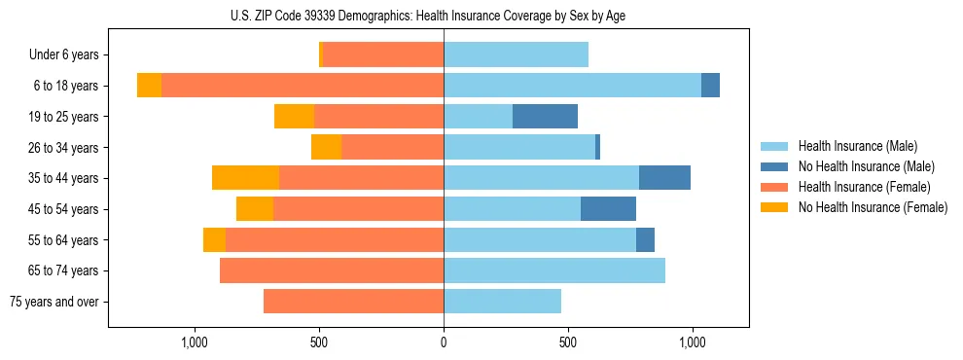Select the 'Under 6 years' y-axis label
click(63, 55)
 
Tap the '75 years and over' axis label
click(53, 302)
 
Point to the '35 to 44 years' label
click(63, 178)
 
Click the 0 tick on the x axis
click(444, 342)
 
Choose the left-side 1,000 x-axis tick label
click(195, 342)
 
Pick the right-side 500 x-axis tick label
click(568, 342)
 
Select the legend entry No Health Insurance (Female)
click(873, 207)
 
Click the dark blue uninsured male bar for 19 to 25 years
click(545, 117)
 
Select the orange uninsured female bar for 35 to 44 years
click(245, 178)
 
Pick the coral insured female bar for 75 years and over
click(353, 302)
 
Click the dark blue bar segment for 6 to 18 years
click(710, 86)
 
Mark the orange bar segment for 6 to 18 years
click(149, 86)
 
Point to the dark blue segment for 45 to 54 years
click(608, 209)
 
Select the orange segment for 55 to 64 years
click(214, 240)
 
